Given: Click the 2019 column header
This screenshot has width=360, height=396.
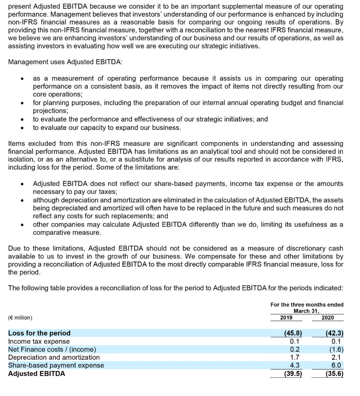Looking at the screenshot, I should click(286, 318).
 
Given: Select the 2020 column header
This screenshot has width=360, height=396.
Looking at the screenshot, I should click(327, 318).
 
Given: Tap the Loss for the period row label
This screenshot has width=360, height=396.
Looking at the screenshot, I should click(39, 333).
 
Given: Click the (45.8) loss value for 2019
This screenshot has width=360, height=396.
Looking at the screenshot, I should click(293, 333).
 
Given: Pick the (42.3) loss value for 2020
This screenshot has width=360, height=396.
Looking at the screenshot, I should click(334, 333).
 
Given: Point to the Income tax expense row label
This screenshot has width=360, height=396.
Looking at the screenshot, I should click(39, 341).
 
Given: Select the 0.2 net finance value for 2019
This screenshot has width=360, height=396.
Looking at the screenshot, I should click(295, 349).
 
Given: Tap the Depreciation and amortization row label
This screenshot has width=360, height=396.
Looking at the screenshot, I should click(54, 357).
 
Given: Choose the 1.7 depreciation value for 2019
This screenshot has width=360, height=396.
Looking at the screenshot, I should click(295, 357).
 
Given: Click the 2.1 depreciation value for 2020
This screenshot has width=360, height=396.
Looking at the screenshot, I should click(336, 357).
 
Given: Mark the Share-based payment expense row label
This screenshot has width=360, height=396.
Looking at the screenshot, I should click(56, 365).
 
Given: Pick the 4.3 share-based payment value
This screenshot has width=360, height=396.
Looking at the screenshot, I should click(295, 365).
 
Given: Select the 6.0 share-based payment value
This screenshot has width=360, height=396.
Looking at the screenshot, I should click(336, 365).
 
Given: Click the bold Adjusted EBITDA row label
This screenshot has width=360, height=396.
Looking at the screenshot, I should click(37, 373).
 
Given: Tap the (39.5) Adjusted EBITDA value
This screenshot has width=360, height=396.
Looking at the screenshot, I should click(293, 374).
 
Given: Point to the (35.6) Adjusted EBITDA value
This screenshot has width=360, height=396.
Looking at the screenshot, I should click(334, 374).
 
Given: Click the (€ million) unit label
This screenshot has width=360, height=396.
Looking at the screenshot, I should click(20, 318).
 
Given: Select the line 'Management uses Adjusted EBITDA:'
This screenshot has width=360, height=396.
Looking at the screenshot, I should click(65, 62).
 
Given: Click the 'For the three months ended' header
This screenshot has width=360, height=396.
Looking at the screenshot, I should click(307, 305).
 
